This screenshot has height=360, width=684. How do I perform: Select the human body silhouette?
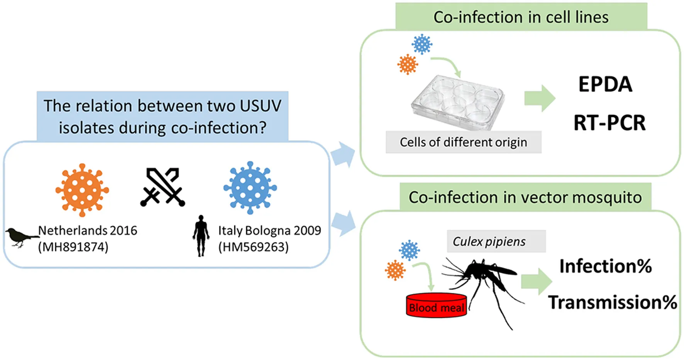click(x=201, y=235)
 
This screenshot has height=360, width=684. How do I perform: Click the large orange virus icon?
click(x=82, y=190)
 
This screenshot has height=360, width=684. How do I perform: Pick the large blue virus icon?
click(x=250, y=188)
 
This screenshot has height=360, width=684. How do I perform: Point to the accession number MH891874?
click(x=73, y=247)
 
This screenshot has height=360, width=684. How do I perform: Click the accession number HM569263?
click(x=254, y=247)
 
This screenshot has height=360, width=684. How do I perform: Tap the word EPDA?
click(x=605, y=84)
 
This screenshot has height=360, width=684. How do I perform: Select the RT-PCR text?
click(x=609, y=123)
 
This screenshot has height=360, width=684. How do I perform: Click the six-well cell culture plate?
click(x=458, y=101)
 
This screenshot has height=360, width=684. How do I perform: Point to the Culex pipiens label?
click(x=489, y=242)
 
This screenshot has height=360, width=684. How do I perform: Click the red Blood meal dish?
click(x=436, y=305)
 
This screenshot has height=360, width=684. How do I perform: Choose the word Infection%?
click(x=605, y=266)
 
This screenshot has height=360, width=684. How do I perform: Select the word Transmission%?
click(x=613, y=302)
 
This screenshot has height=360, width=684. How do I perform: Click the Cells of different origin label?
click(x=463, y=142)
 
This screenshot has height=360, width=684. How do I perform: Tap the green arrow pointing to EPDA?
click(x=539, y=98)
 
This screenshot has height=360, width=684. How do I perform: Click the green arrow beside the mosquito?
click(x=536, y=281)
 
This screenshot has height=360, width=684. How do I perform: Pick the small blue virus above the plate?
click(x=422, y=44)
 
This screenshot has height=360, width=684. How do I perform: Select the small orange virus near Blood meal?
click(x=395, y=270)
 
